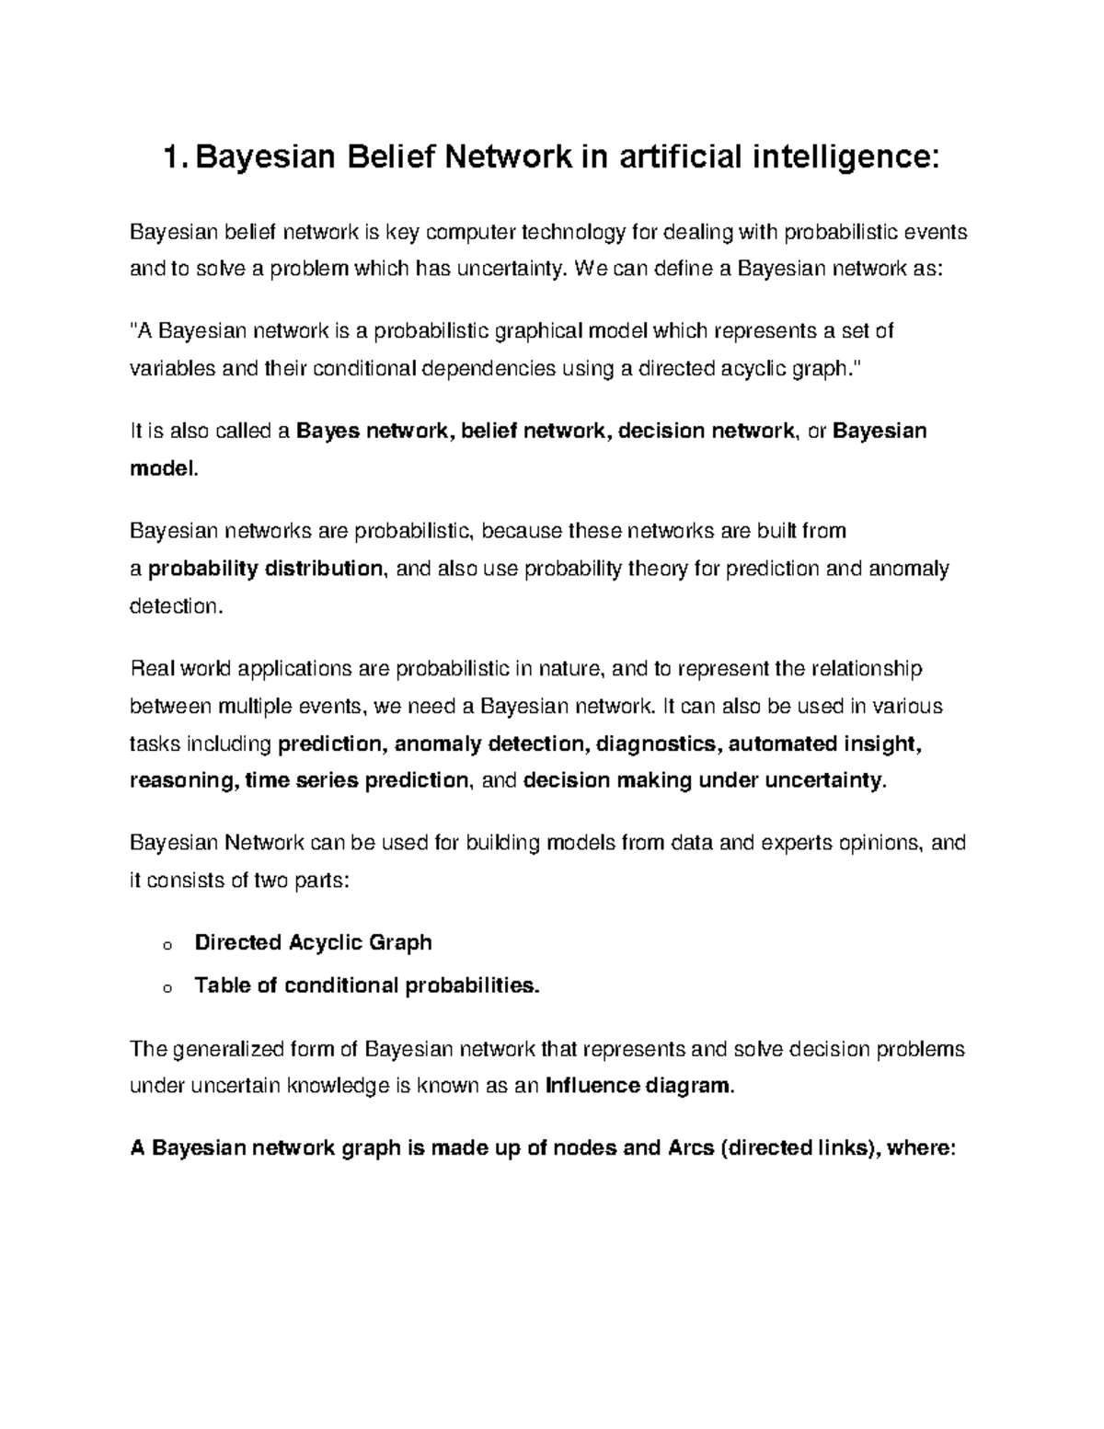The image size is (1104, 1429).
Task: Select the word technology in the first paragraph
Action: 571,232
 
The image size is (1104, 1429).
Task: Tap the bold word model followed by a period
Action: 162,469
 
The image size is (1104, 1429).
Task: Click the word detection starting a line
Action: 173,606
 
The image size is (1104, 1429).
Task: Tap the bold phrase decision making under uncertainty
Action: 703,781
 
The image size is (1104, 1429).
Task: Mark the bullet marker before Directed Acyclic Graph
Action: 166,945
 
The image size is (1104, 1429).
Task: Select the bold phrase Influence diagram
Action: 639,1087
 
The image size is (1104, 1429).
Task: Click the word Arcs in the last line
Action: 688,1148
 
